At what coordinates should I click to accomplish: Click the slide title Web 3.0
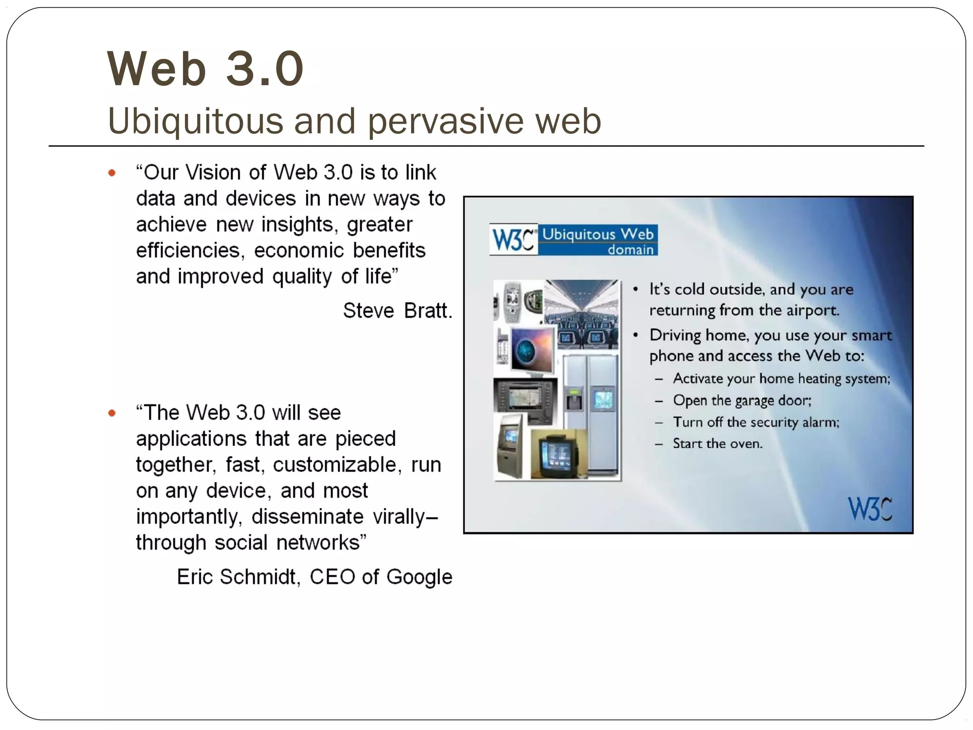[x=205, y=69]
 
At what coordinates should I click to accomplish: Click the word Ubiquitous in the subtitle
[x=195, y=121]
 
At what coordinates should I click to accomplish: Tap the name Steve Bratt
[x=397, y=311]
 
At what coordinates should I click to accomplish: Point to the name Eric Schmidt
[x=237, y=577]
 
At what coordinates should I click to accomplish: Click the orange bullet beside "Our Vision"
[x=112, y=173]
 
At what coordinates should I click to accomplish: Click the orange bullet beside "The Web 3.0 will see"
[x=112, y=413]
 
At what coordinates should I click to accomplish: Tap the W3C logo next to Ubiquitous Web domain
[x=514, y=240]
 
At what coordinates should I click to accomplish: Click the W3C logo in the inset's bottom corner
[x=870, y=509]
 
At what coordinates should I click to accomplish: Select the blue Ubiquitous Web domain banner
[x=598, y=240]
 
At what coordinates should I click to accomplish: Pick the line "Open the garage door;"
[x=742, y=401]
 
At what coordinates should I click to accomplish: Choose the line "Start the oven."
[x=717, y=444]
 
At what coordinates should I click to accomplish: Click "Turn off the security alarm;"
[x=756, y=422]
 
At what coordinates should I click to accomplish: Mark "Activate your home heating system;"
[x=782, y=379]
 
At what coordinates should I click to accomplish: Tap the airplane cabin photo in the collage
[x=582, y=314]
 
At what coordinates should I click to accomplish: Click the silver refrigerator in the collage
[x=591, y=409]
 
